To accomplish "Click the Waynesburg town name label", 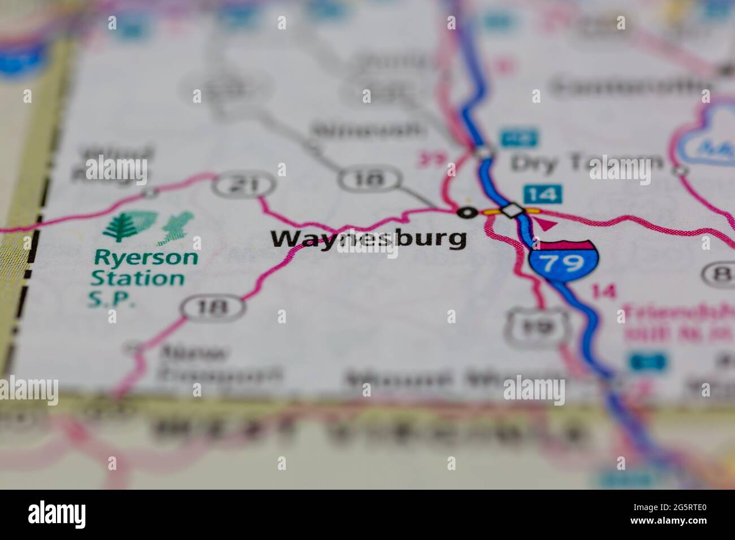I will [369, 239].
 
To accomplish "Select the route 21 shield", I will [244, 185].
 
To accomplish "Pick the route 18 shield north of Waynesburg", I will [370, 180].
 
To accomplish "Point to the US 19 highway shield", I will [535, 326].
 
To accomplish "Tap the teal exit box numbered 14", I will [542, 194].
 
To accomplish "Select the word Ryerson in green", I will [146, 258].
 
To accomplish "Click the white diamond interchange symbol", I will [512, 211].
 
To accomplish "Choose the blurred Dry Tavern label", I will [586, 163].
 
